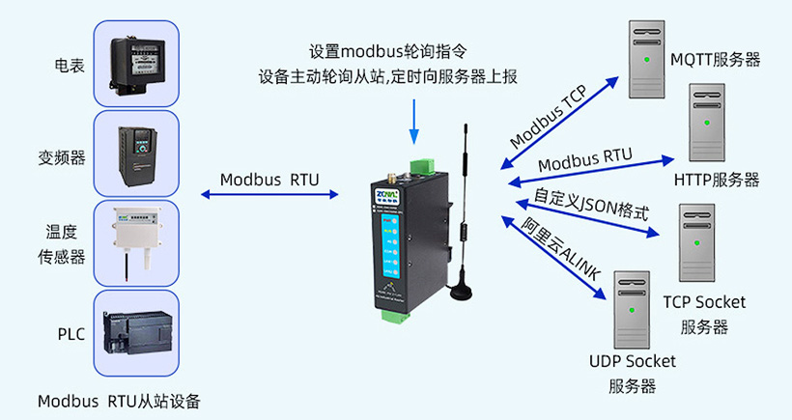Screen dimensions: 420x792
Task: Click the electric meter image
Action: pos(136,63)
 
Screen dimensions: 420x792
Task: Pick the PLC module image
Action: pos(136,333)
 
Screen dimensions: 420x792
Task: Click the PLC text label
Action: pos(71,335)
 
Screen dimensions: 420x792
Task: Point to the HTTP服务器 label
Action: pos(716,180)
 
